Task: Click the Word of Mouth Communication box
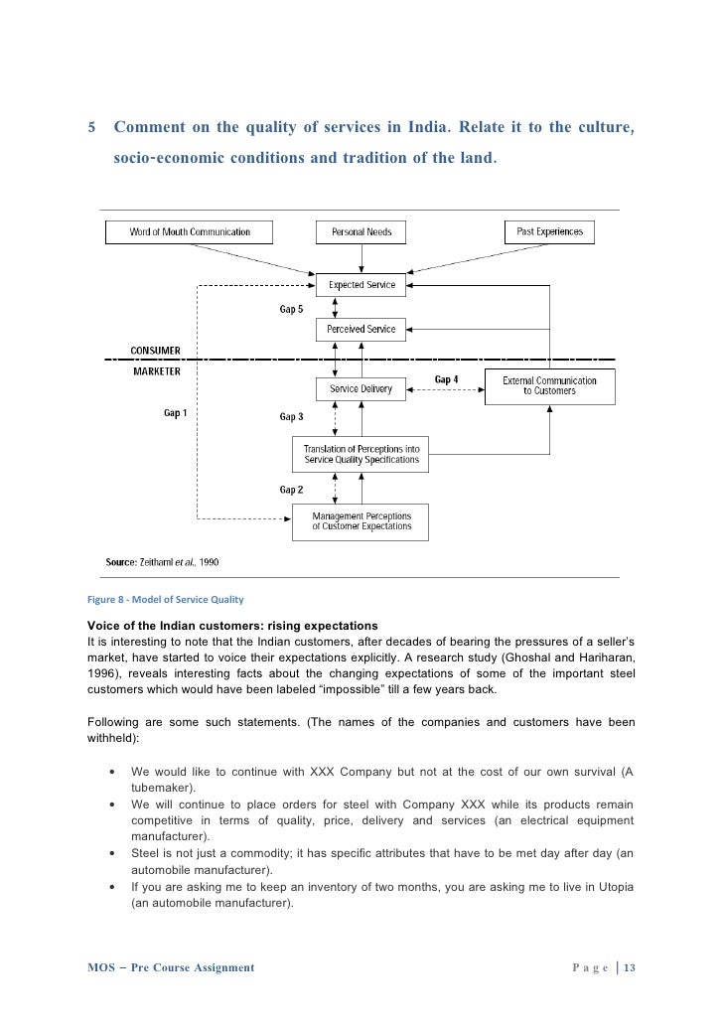tap(190, 232)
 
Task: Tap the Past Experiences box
tap(549, 232)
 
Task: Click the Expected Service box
tap(361, 285)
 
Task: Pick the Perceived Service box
tap(361, 329)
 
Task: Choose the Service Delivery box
tap(361, 389)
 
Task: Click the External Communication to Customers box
tap(549, 385)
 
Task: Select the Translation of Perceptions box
tap(361, 455)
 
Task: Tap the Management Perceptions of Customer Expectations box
tap(361, 521)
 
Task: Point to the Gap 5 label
tap(291, 310)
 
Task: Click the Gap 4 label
tap(447, 379)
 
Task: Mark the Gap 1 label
tap(175, 413)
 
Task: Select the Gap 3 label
tap(291, 417)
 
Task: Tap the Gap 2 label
tap(291, 490)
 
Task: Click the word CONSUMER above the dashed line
tap(156, 350)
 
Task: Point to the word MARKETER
tap(156, 371)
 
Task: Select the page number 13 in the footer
tap(629, 967)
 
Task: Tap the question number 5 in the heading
tap(92, 128)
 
